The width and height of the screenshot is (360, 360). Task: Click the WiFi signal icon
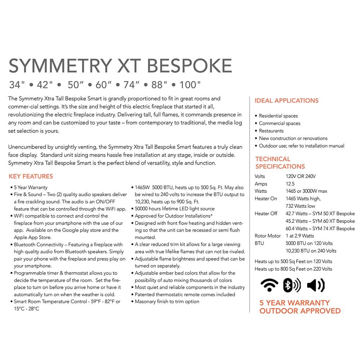pyautogui.click(x=269, y=285)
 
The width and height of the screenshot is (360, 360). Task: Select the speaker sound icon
pyautogui.click(x=316, y=285)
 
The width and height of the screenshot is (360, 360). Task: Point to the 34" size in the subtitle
pyautogui.click(x=17, y=85)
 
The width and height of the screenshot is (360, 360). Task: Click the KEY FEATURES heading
pyautogui.click(x=31, y=176)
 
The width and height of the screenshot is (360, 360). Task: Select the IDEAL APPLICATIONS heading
pyautogui.click(x=287, y=101)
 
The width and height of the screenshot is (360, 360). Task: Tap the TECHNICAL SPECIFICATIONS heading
pyautogui.click(x=280, y=163)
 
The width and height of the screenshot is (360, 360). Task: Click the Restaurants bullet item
pyautogui.click(x=271, y=131)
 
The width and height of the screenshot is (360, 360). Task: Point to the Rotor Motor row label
pyautogui.click(x=267, y=236)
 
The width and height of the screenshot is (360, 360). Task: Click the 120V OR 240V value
pyautogui.click(x=301, y=176)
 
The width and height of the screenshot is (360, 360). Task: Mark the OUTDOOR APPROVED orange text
pyautogui.click(x=300, y=311)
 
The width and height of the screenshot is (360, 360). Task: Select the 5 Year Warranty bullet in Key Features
pyautogui.click(x=31, y=187)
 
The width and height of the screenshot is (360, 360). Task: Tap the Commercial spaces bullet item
pyautogui.click(x=279, y=123)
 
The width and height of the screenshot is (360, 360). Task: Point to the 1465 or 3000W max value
pyautogui.click(x=306, y=191)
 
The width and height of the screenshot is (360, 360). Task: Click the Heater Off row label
pyautogui.click(x=266, y=213)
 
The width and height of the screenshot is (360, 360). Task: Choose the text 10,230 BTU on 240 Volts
pyautogui.click(x=311, y=251)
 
